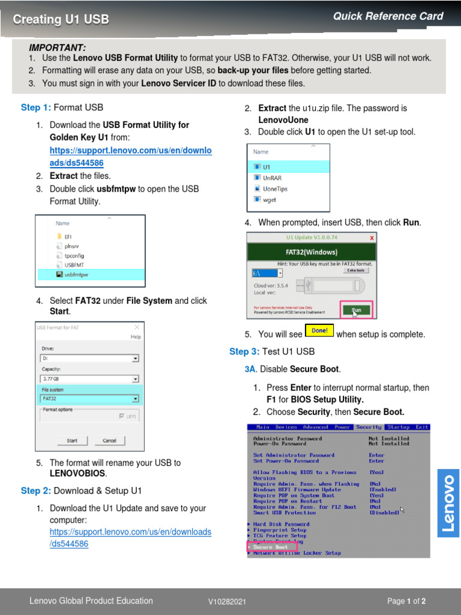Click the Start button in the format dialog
[72, 440]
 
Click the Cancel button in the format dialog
[109, 440]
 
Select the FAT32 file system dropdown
[89, 398]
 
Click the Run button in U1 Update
[357, 310]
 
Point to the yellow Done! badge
[319, 330]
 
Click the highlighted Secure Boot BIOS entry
[271, 547]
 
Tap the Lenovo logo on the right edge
[448, 503]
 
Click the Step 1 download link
[130, 157]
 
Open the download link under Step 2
[130, 538]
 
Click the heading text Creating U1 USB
[61, 19]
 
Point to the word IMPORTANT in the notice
[57, 47]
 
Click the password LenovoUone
[283, 120]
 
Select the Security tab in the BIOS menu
[369, 427]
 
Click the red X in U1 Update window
[372, 237]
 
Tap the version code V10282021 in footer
[227, 601]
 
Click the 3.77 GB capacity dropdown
[89, 379]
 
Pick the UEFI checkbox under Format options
[122, 416]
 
